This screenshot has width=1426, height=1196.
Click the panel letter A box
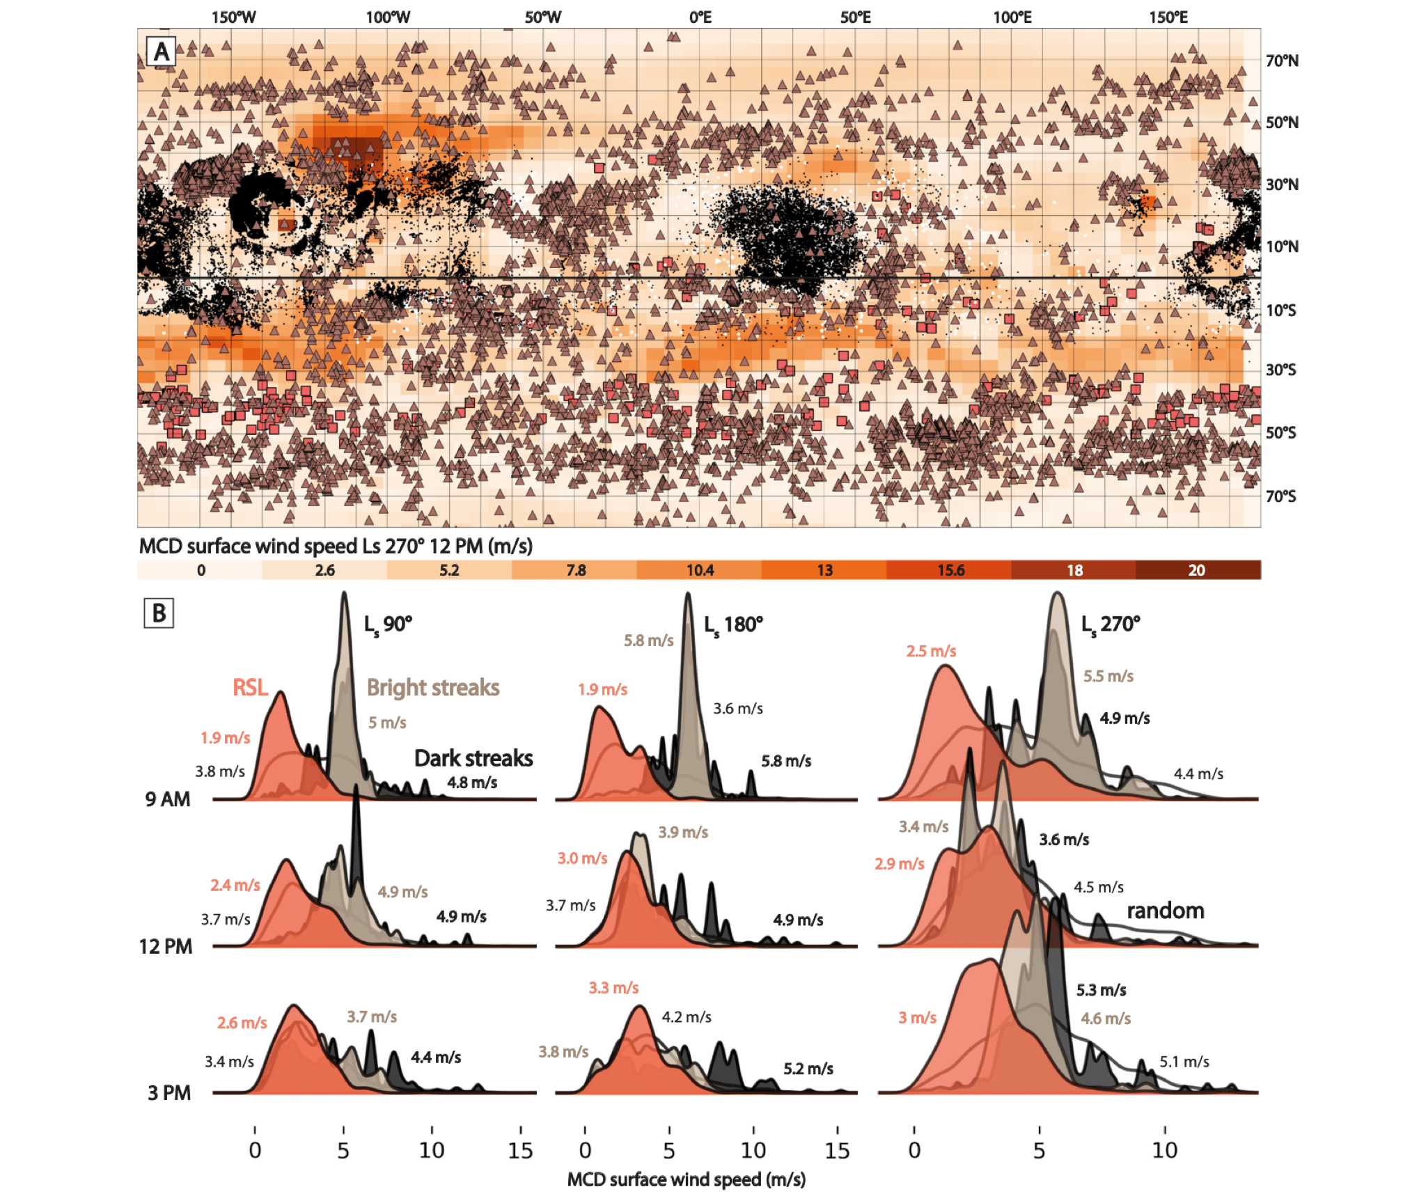click(162, 52)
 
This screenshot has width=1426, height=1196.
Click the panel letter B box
click(159, 613)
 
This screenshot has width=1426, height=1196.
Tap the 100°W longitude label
click(388, 17)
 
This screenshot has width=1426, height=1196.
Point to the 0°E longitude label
click(700, 17)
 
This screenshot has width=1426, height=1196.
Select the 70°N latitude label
click(1282, 61)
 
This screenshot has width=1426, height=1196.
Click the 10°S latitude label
click(1281, 310)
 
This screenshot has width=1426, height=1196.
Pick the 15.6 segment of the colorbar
click(950, 570)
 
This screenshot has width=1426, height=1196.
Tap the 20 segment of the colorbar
click(1196, 570)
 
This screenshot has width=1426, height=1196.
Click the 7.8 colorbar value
click(576, 570)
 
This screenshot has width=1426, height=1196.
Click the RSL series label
click(250, 688)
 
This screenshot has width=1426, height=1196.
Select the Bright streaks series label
click(433, 688)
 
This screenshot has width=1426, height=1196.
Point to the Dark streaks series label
click(473, 758)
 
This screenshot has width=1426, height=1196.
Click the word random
click(1166, 911)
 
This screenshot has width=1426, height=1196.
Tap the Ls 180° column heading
click(733, 624)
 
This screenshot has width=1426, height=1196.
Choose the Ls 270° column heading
click(1111, 624)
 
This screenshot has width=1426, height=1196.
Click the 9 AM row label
click(168, 799)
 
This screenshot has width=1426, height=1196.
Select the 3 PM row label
click(169, 1093)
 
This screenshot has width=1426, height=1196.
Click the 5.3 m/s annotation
click(1101, 990)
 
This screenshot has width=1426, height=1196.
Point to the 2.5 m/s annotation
click(931, 652)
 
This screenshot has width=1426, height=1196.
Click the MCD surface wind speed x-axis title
click(687, 1179)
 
